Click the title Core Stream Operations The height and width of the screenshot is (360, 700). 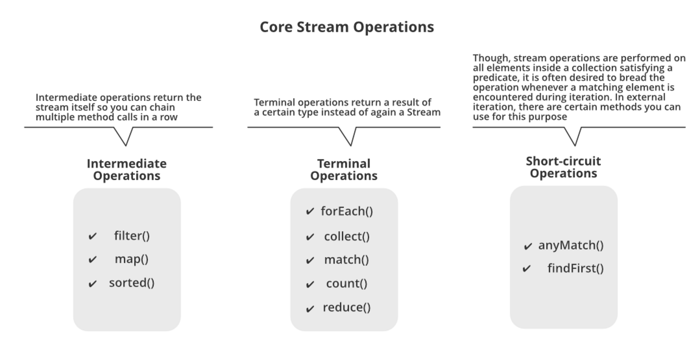346,27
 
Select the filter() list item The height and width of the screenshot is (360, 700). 131,235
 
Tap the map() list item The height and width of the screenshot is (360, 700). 131,259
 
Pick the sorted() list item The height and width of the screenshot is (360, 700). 131,282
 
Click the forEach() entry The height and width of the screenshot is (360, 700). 346,211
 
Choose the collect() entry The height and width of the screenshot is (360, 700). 346,236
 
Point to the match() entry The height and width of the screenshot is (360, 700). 346,259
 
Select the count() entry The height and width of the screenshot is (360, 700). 346,283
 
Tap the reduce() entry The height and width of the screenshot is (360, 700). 346,307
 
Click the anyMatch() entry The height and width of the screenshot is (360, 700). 570,245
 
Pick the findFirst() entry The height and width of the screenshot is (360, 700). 575,268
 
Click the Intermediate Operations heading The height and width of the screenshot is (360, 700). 126,169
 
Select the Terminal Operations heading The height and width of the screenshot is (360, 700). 343,169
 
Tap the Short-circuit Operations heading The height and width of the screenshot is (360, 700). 563,167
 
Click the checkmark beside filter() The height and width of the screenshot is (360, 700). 92,236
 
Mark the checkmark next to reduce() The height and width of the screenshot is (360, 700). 310,308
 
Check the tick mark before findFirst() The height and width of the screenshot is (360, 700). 526,269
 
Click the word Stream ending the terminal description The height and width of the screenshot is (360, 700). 424,112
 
